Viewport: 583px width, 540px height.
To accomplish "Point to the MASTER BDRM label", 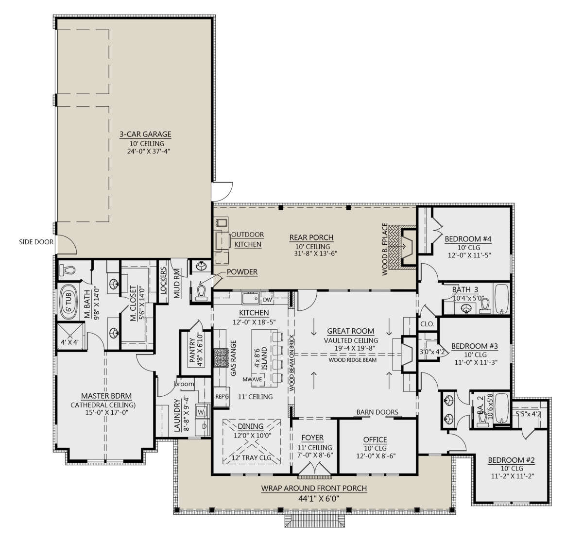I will (103, 395).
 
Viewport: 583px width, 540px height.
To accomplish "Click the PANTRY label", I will (192, 350).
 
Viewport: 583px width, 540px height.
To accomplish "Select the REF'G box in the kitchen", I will (222, 397).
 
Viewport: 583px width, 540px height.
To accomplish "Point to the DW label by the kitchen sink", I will (267, 299).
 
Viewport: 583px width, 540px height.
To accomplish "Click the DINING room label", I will (250, 426).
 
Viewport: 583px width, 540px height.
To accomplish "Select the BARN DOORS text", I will (377, 412).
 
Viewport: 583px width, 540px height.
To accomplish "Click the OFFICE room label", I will (375, 439).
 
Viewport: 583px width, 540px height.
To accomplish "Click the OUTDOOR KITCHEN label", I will (248, 239).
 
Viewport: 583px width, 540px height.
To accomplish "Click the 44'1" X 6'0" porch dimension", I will (313, 498).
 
